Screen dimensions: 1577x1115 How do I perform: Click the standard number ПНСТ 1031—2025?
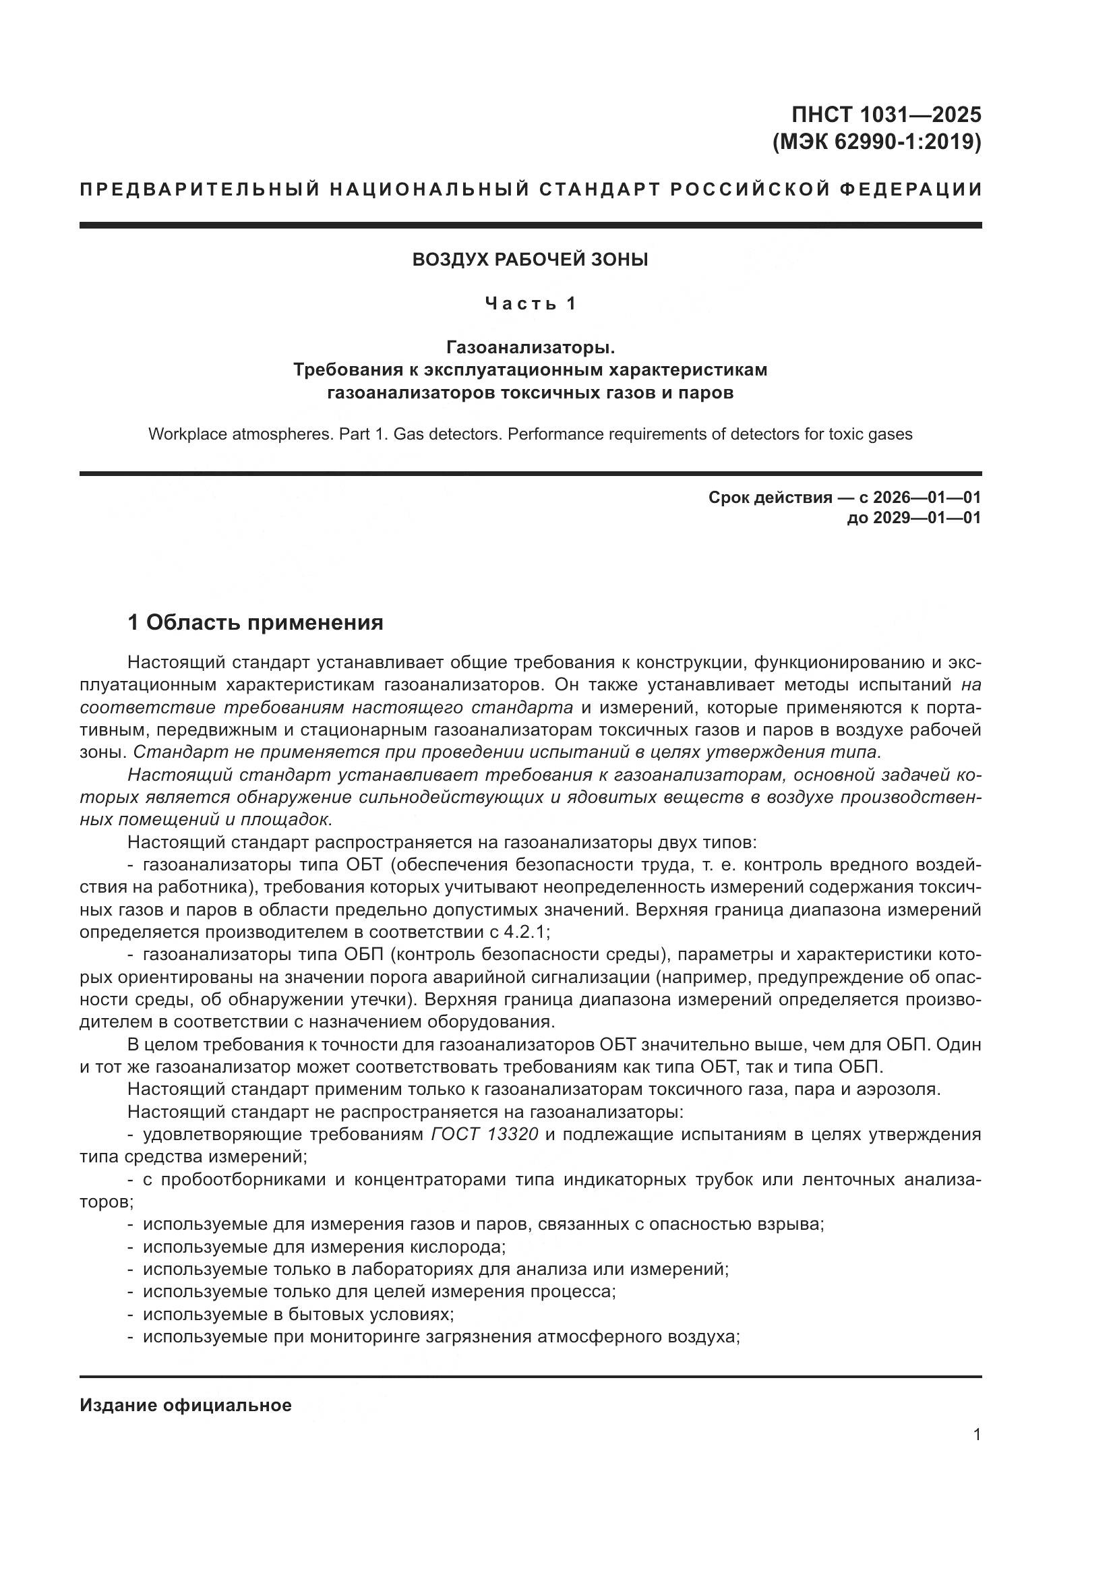886,114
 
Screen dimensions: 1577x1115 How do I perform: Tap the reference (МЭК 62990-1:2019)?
877,142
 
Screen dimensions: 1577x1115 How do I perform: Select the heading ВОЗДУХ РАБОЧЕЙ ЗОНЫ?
530,260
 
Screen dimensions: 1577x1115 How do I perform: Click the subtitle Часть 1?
530,303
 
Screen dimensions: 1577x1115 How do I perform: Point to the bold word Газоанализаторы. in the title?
530,347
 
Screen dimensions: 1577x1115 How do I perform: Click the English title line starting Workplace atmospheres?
530,434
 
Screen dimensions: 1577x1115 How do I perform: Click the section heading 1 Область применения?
255,623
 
